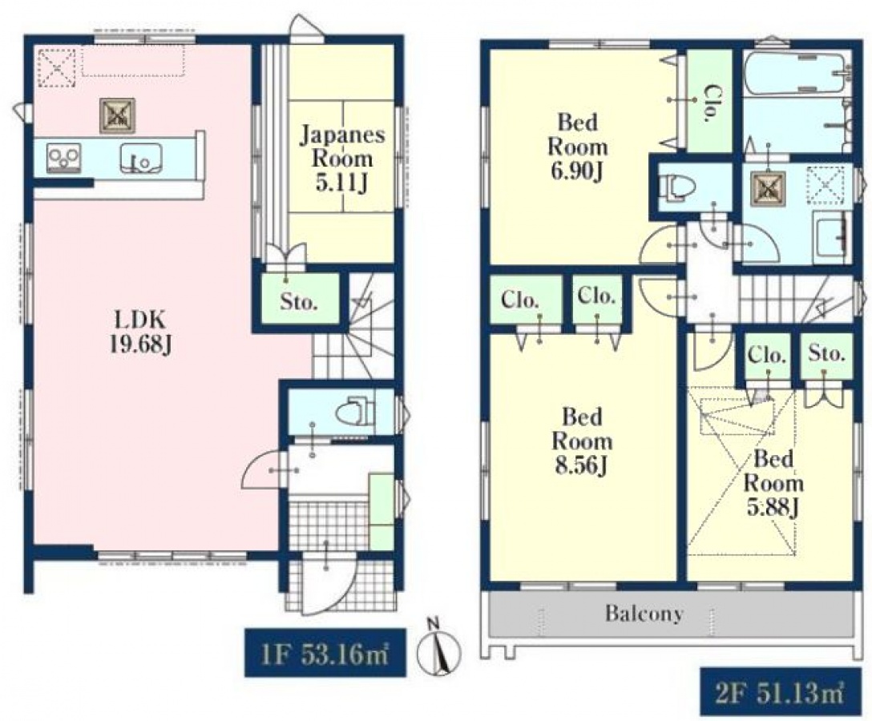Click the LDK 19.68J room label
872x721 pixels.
(x=139, y=332)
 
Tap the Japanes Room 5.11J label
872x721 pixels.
(x=341, y=159)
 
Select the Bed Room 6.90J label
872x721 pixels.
(x=577, y=147)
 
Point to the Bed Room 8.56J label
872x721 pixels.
(x=582, y=441)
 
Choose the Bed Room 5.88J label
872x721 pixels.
(x=773, y=483)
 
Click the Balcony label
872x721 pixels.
(x=644, y=613)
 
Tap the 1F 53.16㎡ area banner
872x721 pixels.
(x=325, y=653)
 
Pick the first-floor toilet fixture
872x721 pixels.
(x=353, y=411)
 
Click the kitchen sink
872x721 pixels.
(x=142, y=158)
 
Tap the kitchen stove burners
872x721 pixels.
(x=64, y=157)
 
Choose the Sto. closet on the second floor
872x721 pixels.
(x=826, y=356)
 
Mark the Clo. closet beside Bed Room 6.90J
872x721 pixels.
(x=709, y=101)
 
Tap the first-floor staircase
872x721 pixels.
(x=353, y=328)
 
